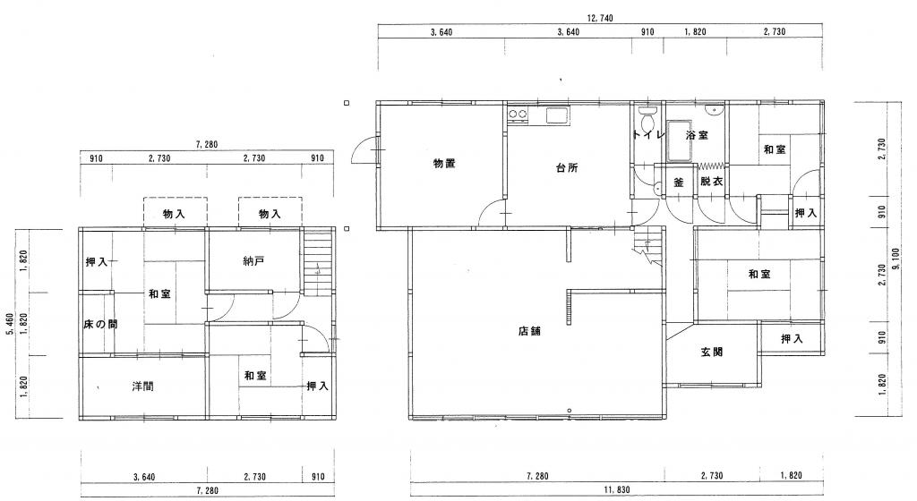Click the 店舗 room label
(x=529, y=331)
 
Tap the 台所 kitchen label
(x=567, y=167)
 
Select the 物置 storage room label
(x=444, y=164)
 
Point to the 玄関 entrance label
(x=712, y=352)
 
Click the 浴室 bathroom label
(x=697, y=135)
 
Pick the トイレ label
(x=648, y=135)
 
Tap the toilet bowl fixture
(x=647, y=120)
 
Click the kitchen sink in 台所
(x=558, y=115)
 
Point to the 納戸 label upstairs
(x=253, y=261)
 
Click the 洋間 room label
(x=142, y=386)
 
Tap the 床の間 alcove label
(x=100, y=324)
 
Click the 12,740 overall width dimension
(x=599, y=19)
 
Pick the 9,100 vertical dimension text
(x=896, y=259)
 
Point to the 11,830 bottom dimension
(x=616, y=490)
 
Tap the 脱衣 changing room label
(x=712, y=182)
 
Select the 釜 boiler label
(x=679, y=183)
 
